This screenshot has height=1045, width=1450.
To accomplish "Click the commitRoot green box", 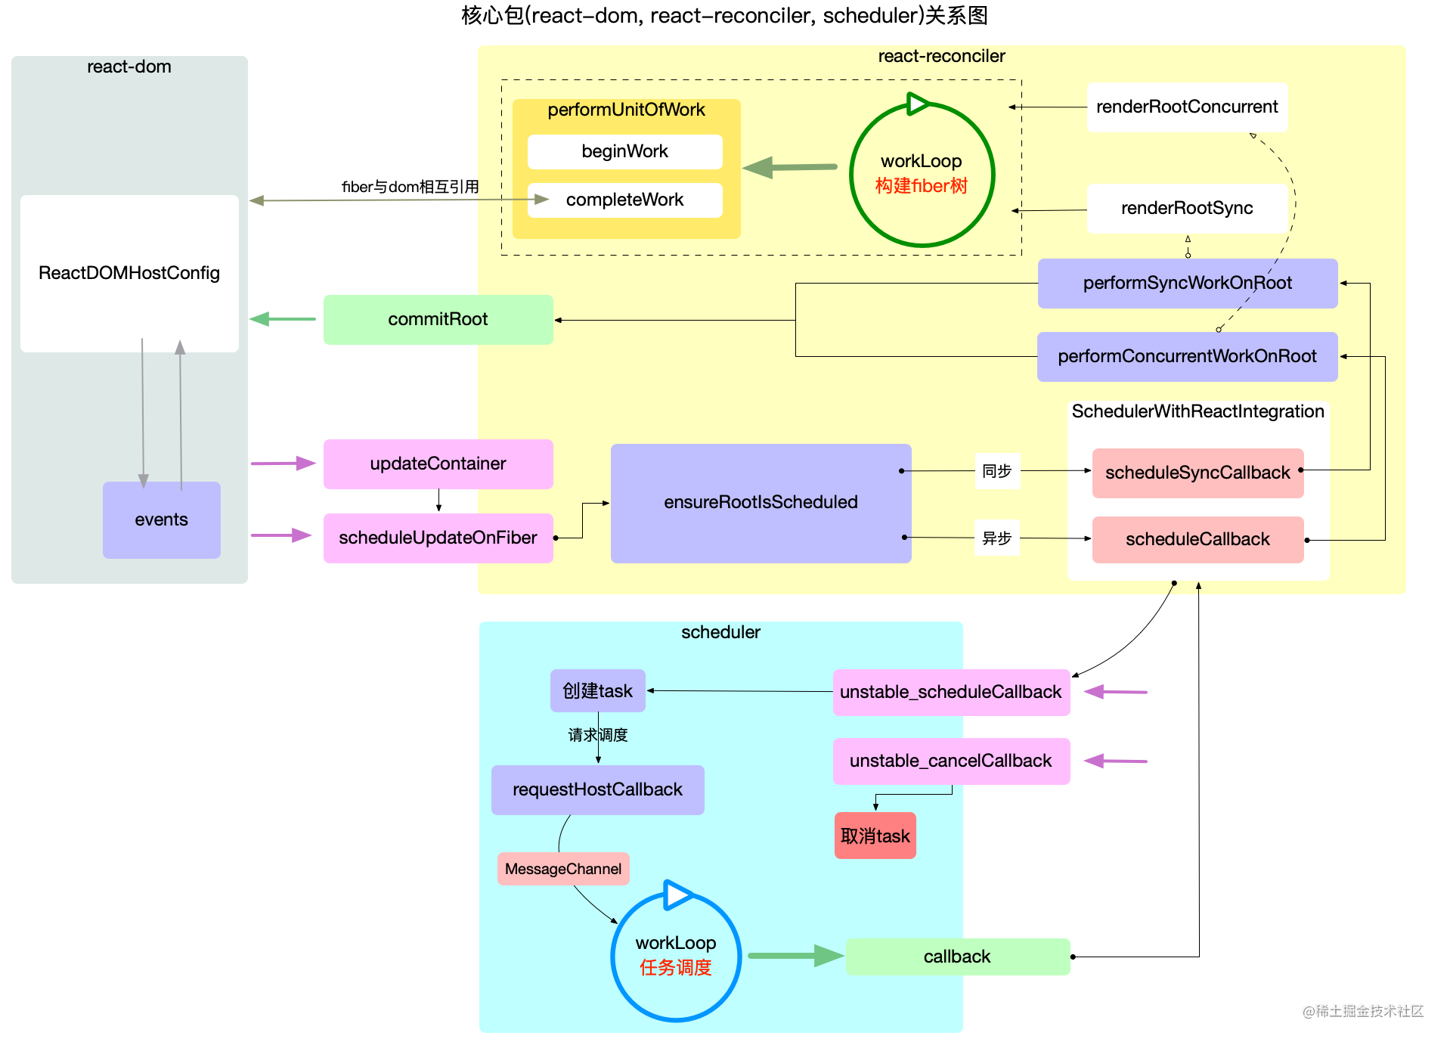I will [x=438, y=319].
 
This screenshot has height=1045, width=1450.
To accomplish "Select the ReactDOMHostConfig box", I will [x=129, y=273].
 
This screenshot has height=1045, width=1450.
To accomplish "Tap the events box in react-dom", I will [x=161, y=519].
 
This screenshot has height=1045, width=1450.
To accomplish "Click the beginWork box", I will [x=624, y=151].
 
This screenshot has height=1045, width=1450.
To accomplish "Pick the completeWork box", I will [x=624, y=200].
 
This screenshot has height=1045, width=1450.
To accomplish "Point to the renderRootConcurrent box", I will [x=1186, y=107].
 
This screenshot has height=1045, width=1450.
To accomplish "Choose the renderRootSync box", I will [x=1186, y=208].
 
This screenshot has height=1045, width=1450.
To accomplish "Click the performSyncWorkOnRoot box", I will [x=1187, y=283].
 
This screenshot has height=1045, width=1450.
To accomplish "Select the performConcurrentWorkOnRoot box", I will [x=1187, y=356].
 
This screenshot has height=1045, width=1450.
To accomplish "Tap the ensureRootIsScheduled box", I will [x=761, y=502].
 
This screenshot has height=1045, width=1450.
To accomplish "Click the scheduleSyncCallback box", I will [x=1197, y=473].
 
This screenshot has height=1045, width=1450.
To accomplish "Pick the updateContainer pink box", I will [x=438, y=464].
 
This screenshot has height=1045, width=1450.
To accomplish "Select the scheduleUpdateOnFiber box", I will [x=438, y=538].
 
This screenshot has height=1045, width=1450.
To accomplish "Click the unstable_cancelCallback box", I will [x=950, y=761].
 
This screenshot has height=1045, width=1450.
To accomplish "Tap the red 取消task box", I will [x=875, y=836].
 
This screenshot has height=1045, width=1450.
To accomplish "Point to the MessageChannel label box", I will [x=563, y=869].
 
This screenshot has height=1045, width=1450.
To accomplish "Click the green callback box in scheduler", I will [x=957, y=957].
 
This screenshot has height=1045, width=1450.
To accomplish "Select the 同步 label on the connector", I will [x=996, y=471].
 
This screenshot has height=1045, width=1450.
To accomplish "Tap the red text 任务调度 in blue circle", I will [x=675, y=968].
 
